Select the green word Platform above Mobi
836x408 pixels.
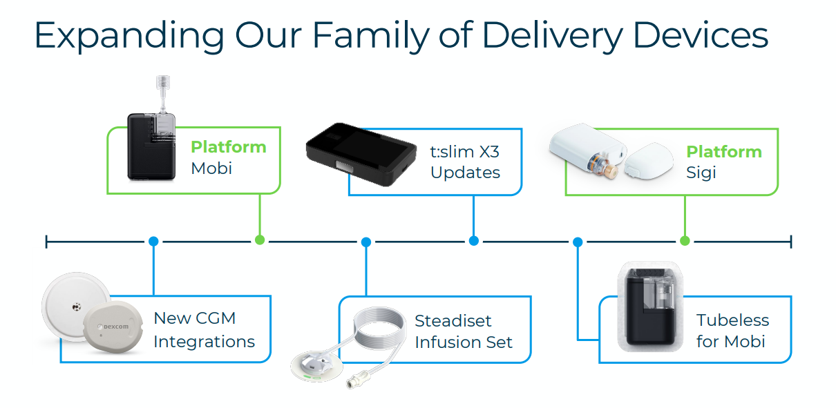point(229,147)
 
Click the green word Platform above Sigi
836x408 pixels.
point(723,152)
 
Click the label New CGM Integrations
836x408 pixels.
point(204,330)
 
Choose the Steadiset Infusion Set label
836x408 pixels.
point(463,331)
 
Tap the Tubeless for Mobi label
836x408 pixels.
point(732,331)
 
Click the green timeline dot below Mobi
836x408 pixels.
point(260,240)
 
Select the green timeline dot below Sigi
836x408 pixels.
point(685,240)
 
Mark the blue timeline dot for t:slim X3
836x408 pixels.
point(473,241)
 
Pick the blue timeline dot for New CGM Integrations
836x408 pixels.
point(153,242)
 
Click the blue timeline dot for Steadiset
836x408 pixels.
point(366,242)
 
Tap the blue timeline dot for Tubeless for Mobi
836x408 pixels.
point(578,242)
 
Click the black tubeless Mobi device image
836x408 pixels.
point(649,307)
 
